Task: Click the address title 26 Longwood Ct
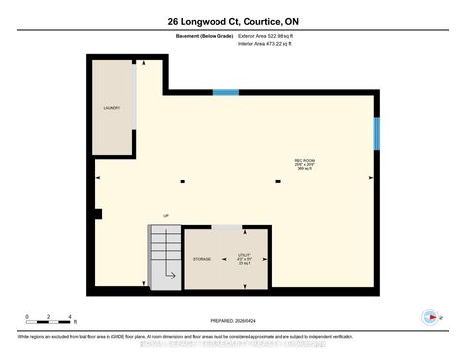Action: click(x=232, y=21)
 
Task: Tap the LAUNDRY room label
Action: click(x=112, y=108)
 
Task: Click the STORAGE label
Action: click(x=202, y=260)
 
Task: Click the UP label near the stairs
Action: click(x=166, y=216)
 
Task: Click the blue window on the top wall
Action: click(x=225, y=92)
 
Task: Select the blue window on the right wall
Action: click(x=376, y=134)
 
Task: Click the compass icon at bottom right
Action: click(x=427, y=317)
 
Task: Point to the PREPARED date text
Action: click(x=233, y=321)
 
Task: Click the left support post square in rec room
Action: click(x=182, y=180)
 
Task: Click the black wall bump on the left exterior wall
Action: click(x=97, y=213)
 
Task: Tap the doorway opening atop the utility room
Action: click(x=227, y=228)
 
